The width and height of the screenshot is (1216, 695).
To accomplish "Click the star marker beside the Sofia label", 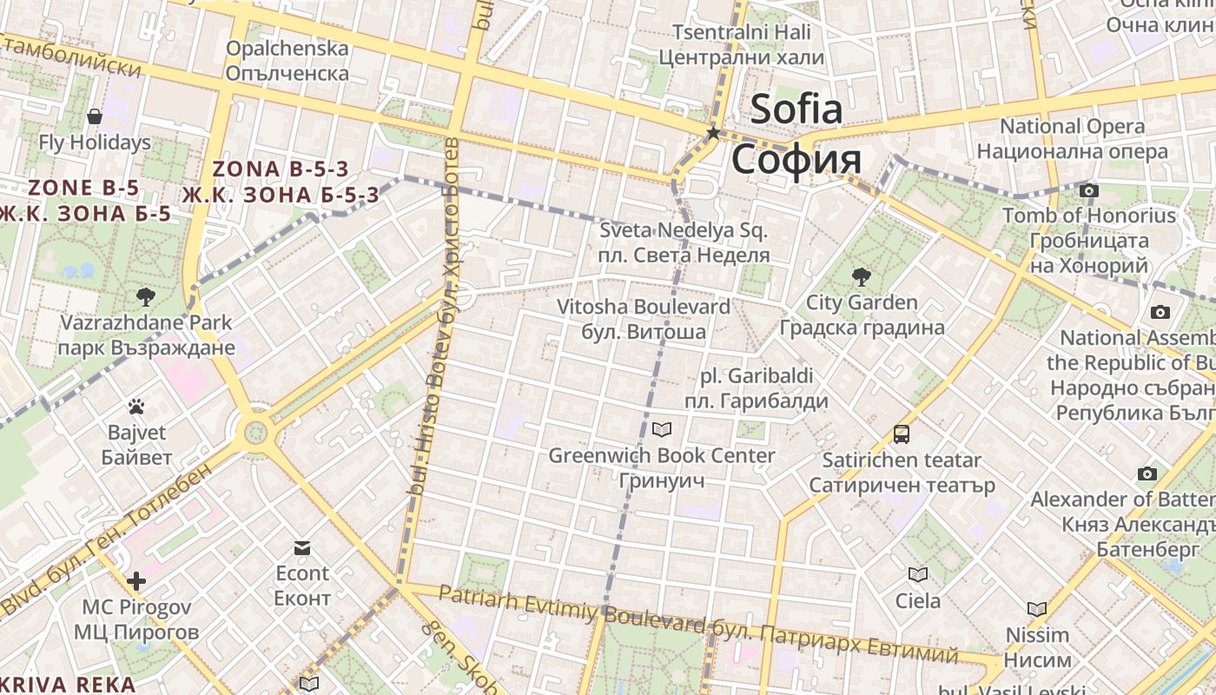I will coord(713,133).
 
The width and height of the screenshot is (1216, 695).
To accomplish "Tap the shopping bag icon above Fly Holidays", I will coord(95,116).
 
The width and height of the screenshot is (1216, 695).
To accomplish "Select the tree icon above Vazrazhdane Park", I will coord(146,297).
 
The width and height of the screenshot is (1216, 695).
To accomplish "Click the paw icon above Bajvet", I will coord(135,406).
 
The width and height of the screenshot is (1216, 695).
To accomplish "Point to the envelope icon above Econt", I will coord(302,547).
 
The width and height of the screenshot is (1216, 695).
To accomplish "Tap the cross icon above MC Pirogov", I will coord(136,580).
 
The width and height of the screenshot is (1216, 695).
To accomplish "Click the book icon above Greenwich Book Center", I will coord(662,429).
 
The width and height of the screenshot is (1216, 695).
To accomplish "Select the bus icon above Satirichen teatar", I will coord(902,434).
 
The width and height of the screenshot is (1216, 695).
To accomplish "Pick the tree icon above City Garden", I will coord(861,277).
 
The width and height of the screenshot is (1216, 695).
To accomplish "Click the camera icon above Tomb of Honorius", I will coord(1088,190).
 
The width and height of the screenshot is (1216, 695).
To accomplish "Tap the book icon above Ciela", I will coord(917,574).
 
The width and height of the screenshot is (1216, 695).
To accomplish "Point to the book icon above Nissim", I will coord(1036,609).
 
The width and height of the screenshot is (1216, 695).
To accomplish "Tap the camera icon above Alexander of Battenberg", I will coord(1147,473).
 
